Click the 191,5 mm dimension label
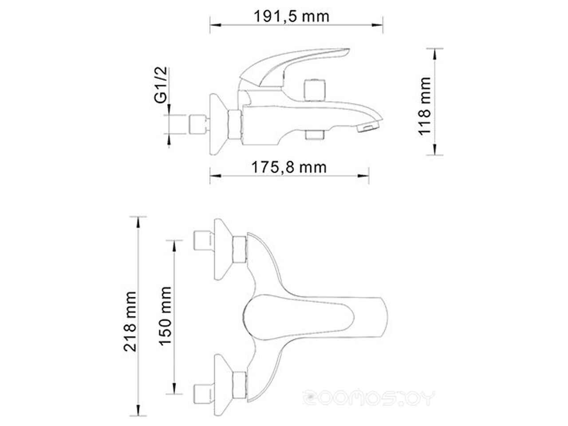292,16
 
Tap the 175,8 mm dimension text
289,167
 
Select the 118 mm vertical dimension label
425,106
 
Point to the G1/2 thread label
161,85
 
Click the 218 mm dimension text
130,322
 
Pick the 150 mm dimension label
165,316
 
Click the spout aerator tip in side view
367,127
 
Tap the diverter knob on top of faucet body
315,90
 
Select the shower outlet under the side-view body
315,135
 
